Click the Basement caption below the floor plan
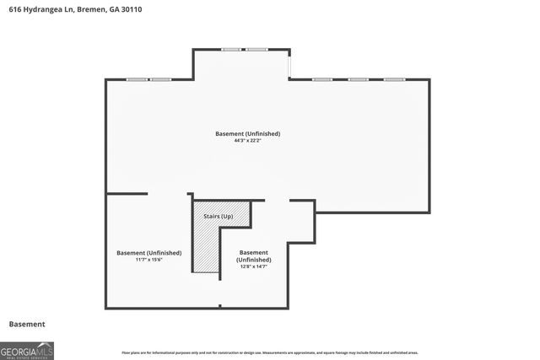[x=27, y=324]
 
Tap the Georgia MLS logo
[x=27, y=350]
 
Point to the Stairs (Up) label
[x=219, y=217]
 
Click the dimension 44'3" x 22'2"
[x=247, y=141]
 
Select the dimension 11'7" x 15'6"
[x=148, y=260]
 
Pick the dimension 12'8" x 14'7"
[x=254, y=266]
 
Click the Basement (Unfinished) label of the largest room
[x=247, y=134]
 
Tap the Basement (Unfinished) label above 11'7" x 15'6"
[x=148, y=253]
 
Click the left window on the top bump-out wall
[x=231, y=50]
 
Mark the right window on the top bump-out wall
[x=256, y=50]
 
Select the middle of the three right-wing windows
[x=358, y=79]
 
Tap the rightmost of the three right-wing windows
[x=394, y=79]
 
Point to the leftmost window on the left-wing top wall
[x=137, y=79]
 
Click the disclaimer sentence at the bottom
[x=269, y=352]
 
